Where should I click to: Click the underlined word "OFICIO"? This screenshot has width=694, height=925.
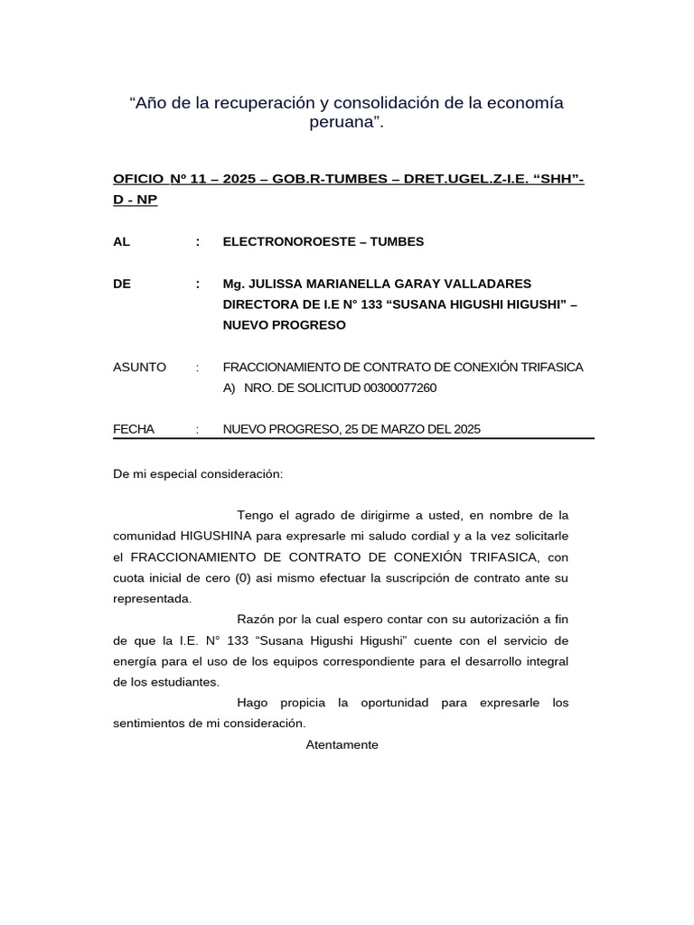tap(139, 182)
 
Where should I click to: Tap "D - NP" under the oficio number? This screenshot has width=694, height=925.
tap(136, 200)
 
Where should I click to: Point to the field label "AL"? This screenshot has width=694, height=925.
tap(121, 242)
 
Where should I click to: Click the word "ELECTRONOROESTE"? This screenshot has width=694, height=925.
tap(283, 242)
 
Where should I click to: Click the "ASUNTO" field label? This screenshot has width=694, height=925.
tap(139, 367)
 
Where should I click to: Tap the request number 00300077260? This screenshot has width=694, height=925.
tap(399, 388)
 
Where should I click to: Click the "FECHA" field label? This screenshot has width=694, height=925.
tap(134, 429)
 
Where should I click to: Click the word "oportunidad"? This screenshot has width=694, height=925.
tap(395, 702)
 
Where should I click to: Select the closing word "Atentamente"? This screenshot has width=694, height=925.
tap(342, 745)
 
